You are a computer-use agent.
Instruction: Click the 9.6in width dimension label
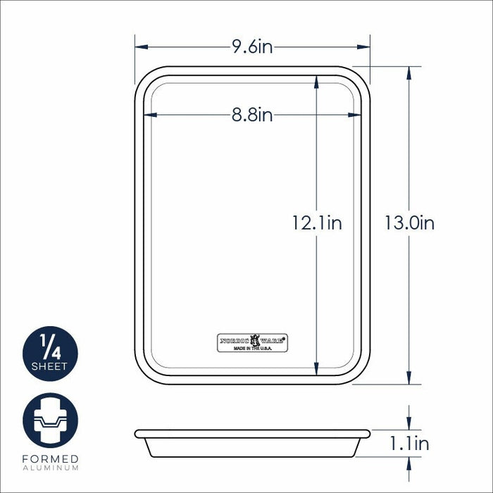click(252, 47)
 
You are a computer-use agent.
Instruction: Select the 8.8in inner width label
click(252, 114)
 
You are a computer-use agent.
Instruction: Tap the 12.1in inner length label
click(317, 223)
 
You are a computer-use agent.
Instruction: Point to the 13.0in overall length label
click(409, 223)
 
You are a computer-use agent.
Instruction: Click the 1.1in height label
click(409, 444)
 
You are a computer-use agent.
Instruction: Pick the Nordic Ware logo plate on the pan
click(252, 342)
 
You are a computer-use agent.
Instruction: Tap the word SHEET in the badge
click(50, 367)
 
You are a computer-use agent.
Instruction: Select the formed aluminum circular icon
click(50, 421)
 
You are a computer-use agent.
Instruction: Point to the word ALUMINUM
click(50, 468)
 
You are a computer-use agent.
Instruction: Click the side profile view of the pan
click(252, 443)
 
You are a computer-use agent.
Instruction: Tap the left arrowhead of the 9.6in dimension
click(139, 47)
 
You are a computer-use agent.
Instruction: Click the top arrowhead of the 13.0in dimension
click(409, 71)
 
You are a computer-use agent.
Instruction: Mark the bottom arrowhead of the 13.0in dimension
click(409, 380)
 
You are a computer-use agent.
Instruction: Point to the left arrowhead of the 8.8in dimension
click(148, 114)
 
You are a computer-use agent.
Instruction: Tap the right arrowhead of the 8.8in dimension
click(356, 114)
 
